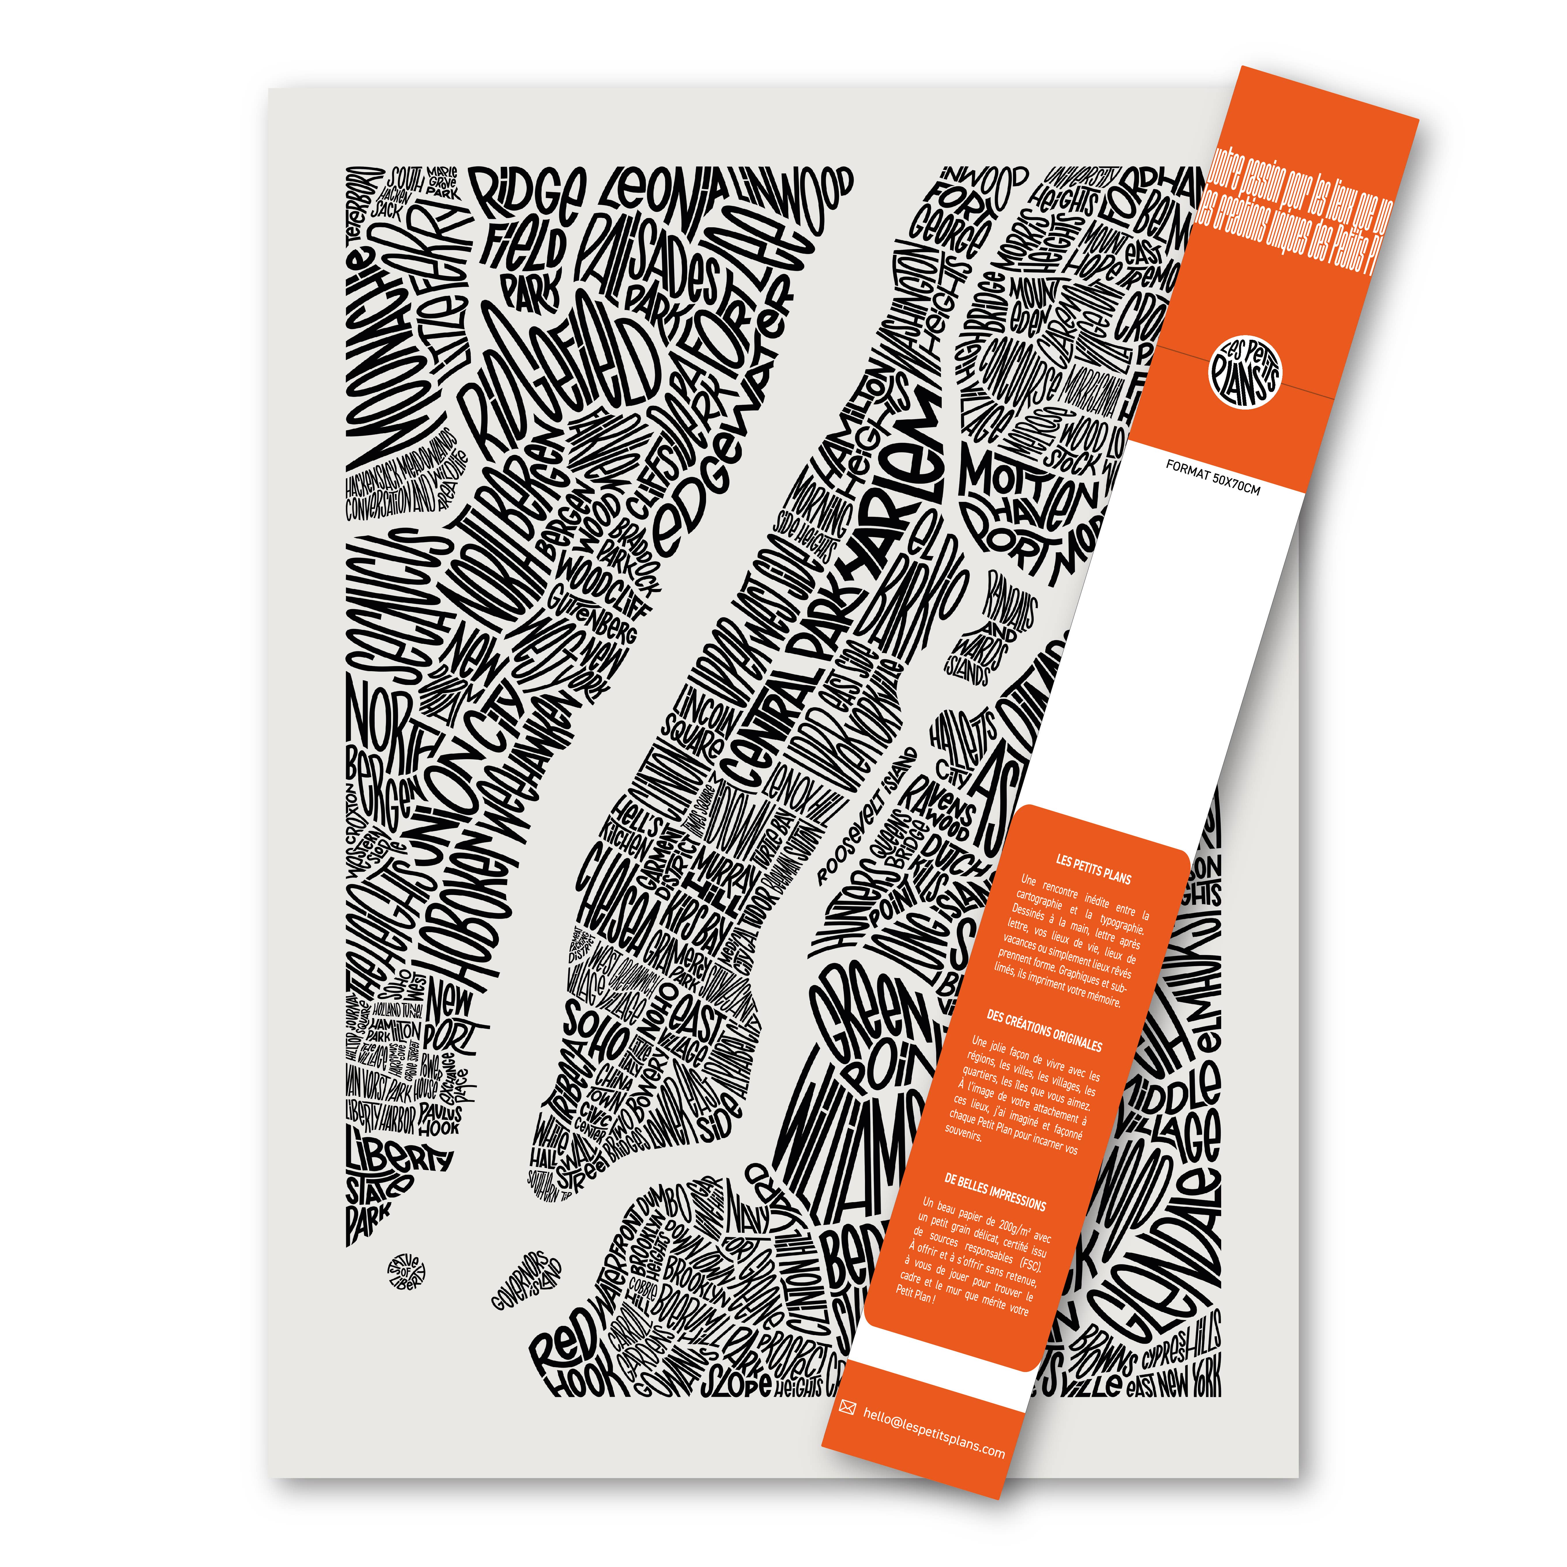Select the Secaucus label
pos(397,608)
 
